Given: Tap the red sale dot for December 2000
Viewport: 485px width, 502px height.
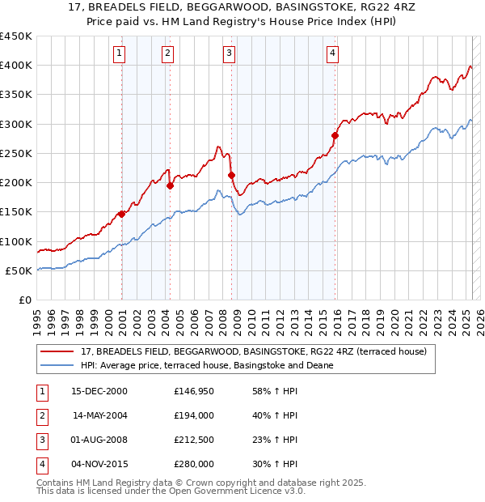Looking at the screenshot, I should click(x=121, y=214).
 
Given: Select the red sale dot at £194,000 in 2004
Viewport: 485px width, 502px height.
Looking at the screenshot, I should click(x=171, y=185).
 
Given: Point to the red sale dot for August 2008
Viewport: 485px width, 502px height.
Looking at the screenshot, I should click(x=231, y=175).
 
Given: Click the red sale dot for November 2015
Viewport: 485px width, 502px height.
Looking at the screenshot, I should click(x=335, y=135).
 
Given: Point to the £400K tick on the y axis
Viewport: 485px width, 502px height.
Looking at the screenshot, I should click(x=16, y=66).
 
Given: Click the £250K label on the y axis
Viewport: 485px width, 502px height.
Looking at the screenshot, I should click(x=16, y=153).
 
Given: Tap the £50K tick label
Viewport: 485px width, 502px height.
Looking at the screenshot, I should click(x=19, y=270).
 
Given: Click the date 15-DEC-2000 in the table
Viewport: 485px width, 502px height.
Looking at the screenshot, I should click(x=99, y=391).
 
